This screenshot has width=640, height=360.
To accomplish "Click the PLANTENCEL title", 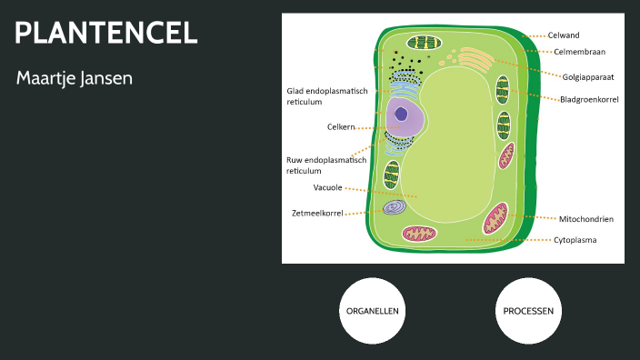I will click(106, 34).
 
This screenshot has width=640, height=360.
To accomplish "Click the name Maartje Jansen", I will click(75, 79).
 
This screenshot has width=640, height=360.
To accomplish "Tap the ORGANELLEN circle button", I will click(371, 311).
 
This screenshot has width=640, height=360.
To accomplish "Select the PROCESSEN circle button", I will click(528, 311).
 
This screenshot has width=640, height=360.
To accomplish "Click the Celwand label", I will click(563, 35).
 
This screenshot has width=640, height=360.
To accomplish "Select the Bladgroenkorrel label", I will click(589, 99).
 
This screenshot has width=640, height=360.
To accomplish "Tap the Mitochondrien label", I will click(585, 219).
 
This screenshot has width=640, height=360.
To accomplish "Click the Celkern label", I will click(341, 126).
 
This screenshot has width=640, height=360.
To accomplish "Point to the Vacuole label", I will click(327, 187).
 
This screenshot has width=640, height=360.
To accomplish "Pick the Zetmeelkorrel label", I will click(317, 213).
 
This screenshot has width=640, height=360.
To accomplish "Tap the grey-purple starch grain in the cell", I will click(394, 207).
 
